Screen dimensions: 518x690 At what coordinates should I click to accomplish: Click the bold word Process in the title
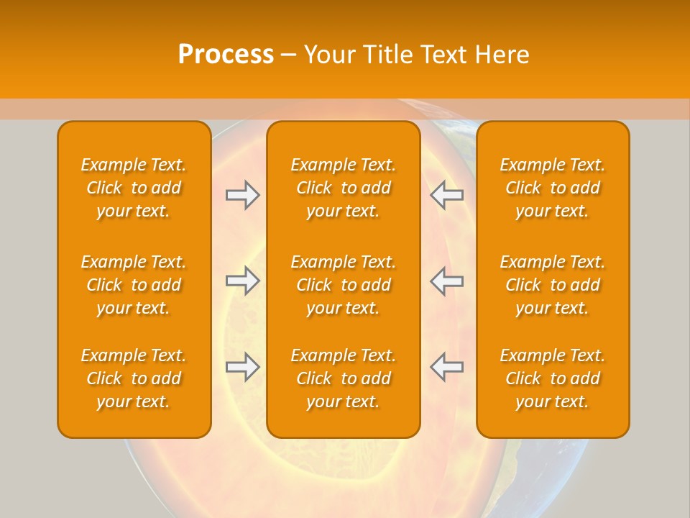[226, 55]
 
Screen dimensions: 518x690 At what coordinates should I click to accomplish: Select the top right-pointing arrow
[242, 195]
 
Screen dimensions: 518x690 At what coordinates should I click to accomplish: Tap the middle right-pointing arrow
[242, 281]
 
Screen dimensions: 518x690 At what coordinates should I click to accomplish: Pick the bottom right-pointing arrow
[242, 367]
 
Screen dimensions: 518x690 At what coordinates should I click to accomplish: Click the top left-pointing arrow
[447, 195]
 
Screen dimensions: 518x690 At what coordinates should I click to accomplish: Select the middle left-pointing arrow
[447, 281]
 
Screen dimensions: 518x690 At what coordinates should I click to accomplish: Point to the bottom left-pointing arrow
[447, 367]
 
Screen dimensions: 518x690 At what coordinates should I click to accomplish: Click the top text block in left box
[134, 188]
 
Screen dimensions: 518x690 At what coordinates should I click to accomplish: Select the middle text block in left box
[134, 285]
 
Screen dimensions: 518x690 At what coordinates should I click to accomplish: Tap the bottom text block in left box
[134, 378]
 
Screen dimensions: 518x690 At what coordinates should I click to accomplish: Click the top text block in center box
[343, 188]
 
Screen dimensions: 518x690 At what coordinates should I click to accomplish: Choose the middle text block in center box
[343, 285]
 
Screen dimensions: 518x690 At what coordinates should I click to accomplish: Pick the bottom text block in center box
[343, 378]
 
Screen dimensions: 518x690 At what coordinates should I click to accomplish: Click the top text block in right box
[552, 188]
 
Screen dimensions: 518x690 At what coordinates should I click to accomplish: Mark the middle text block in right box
[552, 285]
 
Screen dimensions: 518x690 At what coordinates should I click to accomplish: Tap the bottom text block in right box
[552, 378]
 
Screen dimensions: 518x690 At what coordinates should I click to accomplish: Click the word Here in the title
[504, 55]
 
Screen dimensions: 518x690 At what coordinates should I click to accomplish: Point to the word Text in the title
[446, 55]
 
